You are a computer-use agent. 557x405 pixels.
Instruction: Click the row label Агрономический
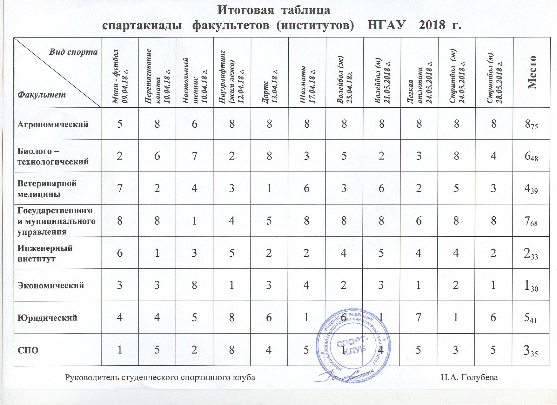pos(53,124)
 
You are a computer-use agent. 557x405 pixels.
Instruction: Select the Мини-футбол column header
pos(120,76)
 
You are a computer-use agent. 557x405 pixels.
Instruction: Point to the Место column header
pos(532,72)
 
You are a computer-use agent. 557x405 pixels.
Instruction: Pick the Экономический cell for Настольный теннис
pos(194,285)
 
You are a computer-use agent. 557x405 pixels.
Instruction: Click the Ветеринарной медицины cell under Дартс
pos(269,188)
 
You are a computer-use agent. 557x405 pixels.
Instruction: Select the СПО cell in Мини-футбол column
pos(120,350)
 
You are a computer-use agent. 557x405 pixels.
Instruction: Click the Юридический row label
pos(47,318)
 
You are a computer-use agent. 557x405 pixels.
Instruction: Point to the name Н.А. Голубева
pos(469,378)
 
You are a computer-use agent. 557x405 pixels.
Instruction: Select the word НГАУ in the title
pos(386,25)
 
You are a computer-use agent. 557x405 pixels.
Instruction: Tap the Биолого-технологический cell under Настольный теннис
pos(194,156)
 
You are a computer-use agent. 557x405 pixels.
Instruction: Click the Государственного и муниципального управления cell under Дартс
pos(269,220)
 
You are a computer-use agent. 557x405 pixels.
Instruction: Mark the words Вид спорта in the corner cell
pos(73,52)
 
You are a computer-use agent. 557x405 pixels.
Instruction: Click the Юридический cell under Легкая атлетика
pos(419,317)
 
